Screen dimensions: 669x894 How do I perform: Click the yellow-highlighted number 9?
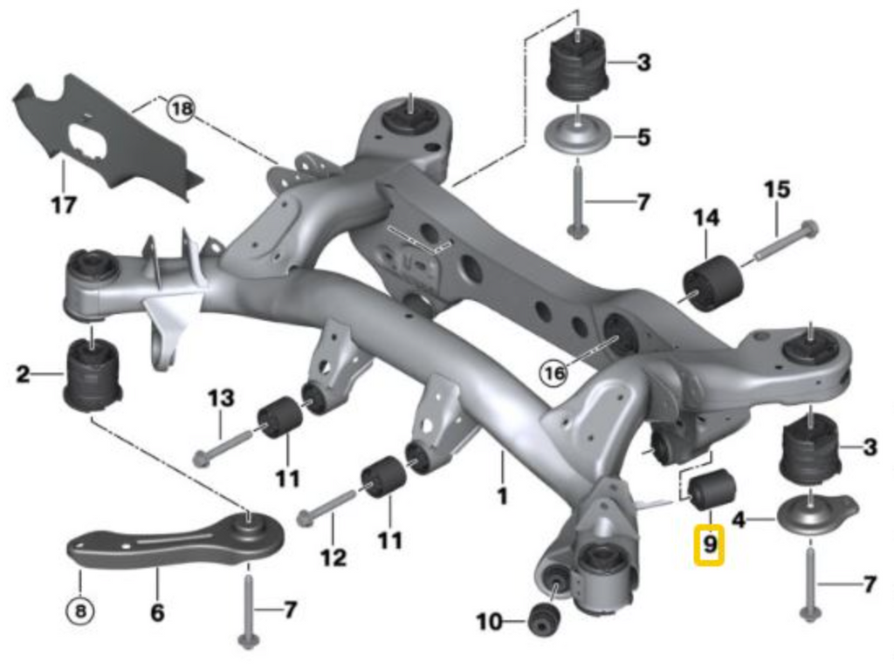pos(709,546)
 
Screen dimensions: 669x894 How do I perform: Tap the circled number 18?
pos(181,109)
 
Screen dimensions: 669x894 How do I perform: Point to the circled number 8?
pos(80,611)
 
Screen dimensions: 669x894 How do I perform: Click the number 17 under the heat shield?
pos(63,206)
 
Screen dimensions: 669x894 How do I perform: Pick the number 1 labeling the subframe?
pos(502,496)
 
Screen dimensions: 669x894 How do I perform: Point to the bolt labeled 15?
pos(786,240)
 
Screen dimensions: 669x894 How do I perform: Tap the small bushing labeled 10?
pos(542,618)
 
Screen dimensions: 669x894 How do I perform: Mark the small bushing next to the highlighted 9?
pos(712,490)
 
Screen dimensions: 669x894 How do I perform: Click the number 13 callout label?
pos(221,399)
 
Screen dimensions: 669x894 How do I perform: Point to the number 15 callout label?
pos(776,189)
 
